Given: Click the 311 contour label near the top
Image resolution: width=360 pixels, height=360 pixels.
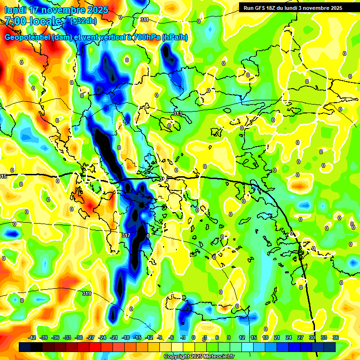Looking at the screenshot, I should [x=144, y=20].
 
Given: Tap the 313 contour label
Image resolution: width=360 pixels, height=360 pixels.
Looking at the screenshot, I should [x=177, y=114].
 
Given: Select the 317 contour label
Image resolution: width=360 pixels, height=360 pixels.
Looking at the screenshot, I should [x=126, y=235].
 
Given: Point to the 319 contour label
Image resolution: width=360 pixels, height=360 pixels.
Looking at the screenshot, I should [x=86, y=294].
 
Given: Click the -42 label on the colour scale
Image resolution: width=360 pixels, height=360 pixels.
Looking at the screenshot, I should [x=32, y=337].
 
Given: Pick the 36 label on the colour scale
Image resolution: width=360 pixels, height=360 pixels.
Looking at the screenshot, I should [x=336, y=337].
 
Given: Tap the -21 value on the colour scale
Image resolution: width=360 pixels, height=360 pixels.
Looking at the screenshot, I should [x=114, y=337].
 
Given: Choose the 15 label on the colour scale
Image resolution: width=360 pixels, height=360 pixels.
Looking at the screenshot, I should [x=254, y=337].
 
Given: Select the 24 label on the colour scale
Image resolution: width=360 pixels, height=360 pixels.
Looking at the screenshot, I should [x=289, y=337].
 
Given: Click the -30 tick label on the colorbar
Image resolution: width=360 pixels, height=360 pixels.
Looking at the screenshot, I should [x=79, y=337].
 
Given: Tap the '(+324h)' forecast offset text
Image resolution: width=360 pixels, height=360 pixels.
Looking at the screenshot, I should [x=83, y=21].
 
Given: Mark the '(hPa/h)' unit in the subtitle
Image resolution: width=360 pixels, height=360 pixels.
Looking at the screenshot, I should [x=174, y=37].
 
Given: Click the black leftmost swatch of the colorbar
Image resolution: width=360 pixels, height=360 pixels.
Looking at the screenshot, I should [x=25, y=347].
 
